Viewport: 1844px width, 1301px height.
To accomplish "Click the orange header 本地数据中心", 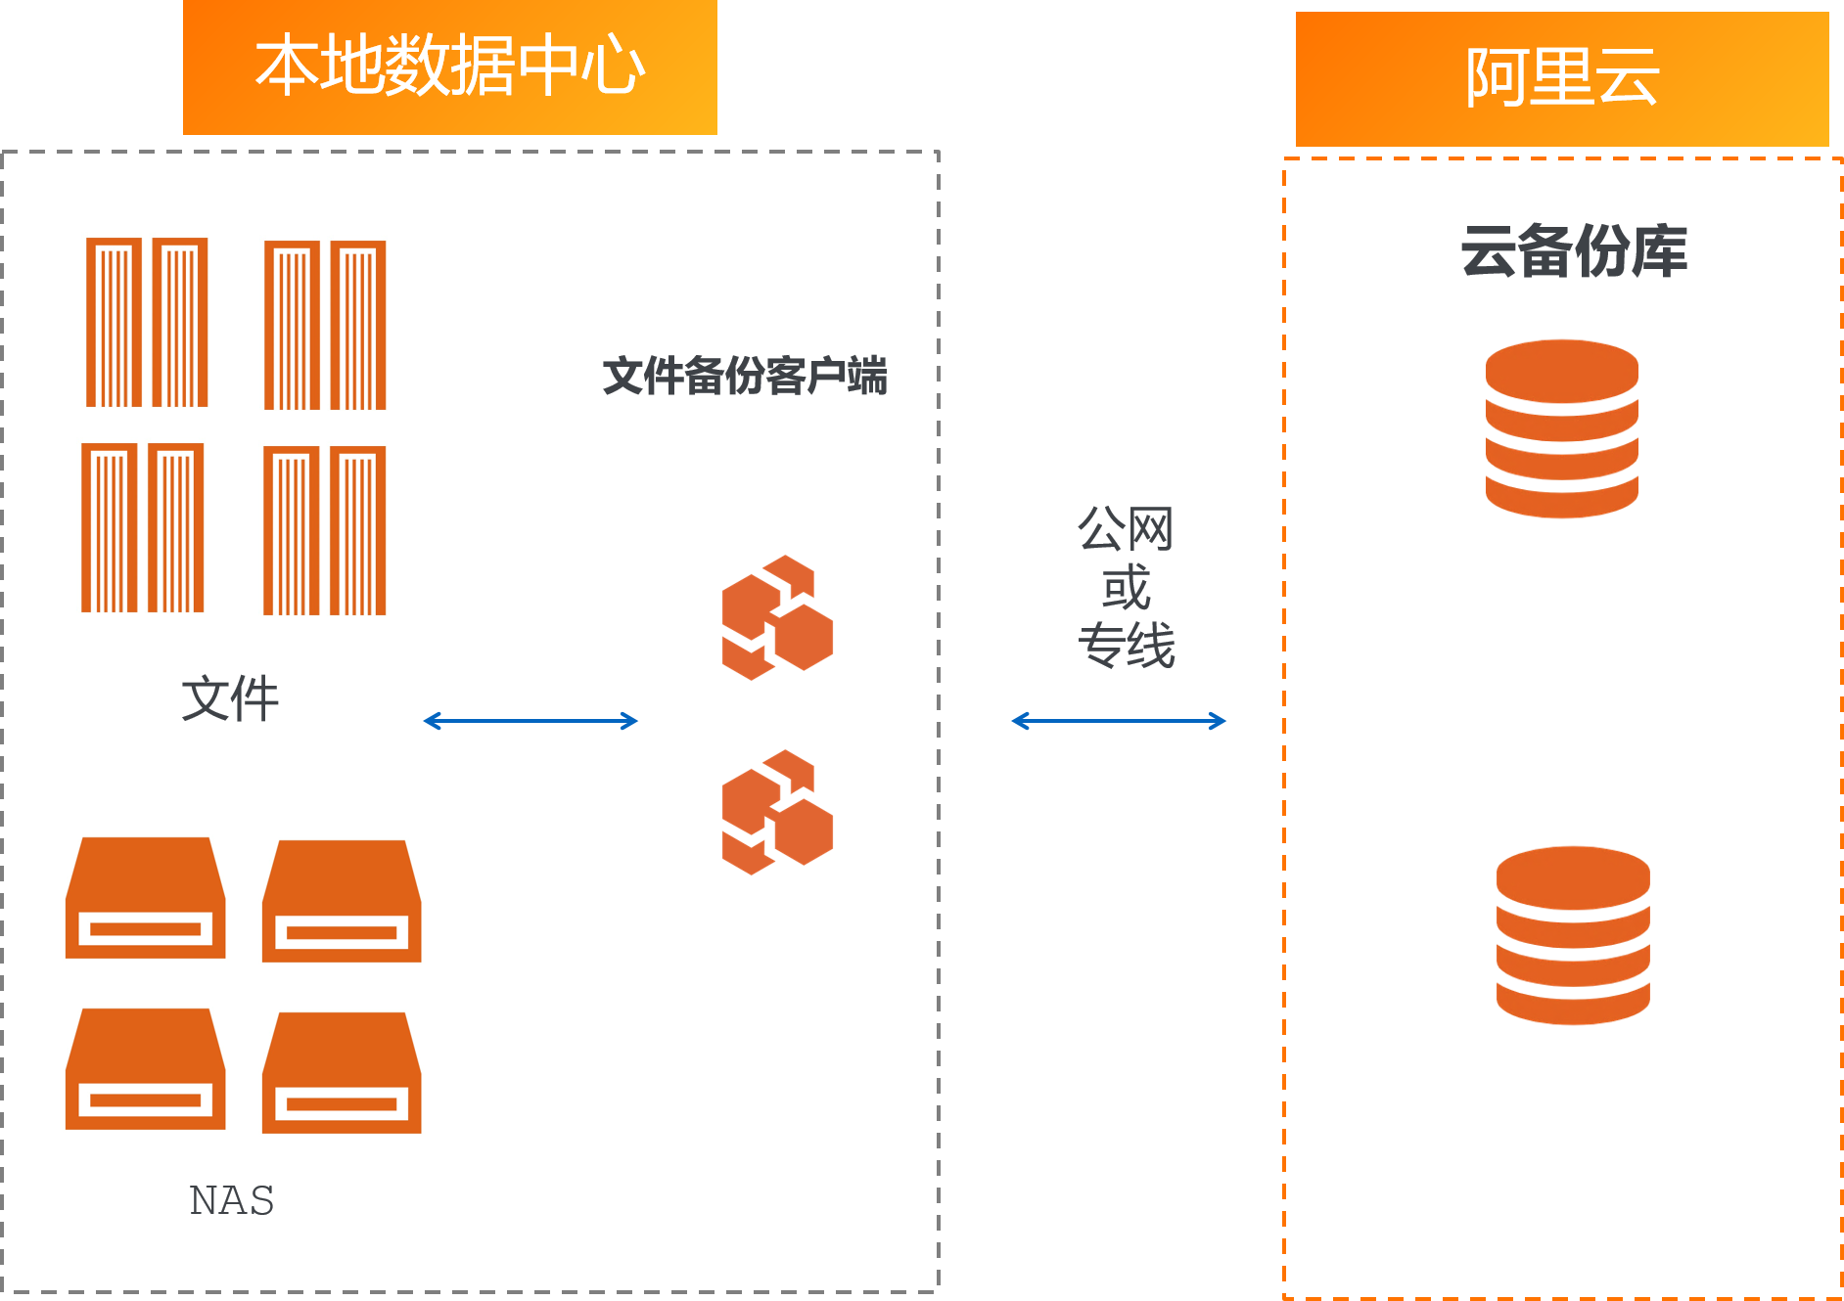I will point(450,67).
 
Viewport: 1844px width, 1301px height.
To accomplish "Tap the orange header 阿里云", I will point(1562,78).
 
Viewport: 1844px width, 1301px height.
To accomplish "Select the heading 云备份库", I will point(1574,251).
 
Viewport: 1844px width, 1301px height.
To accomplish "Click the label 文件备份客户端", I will point(745,377).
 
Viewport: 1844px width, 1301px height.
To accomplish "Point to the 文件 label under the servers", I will point(230,698).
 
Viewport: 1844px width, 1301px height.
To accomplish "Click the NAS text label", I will point(231,1200).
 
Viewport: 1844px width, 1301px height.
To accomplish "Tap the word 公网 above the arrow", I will point(1126,529).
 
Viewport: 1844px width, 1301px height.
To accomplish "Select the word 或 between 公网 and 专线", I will point(1126,588).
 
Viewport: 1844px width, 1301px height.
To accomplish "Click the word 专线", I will point(1126,646).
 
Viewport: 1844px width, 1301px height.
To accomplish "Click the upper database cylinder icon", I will point(1561,428).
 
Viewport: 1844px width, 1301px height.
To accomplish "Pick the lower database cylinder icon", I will point(1573,935).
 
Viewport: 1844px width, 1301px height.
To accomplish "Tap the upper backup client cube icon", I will point(777,617).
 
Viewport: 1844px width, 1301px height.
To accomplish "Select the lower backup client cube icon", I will point(777,812).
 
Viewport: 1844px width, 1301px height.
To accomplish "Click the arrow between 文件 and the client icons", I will point(530,721).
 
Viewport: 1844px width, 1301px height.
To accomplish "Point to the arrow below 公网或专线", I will point(1119,721).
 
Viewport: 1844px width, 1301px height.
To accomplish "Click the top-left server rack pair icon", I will point(147,322).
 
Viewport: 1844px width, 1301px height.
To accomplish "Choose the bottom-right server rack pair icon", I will point(325,530).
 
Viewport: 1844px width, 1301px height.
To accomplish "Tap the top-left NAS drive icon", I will point(146,898).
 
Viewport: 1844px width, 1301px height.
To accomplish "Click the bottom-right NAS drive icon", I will point(342,1073).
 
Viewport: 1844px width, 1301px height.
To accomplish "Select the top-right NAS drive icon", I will point(342,901).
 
